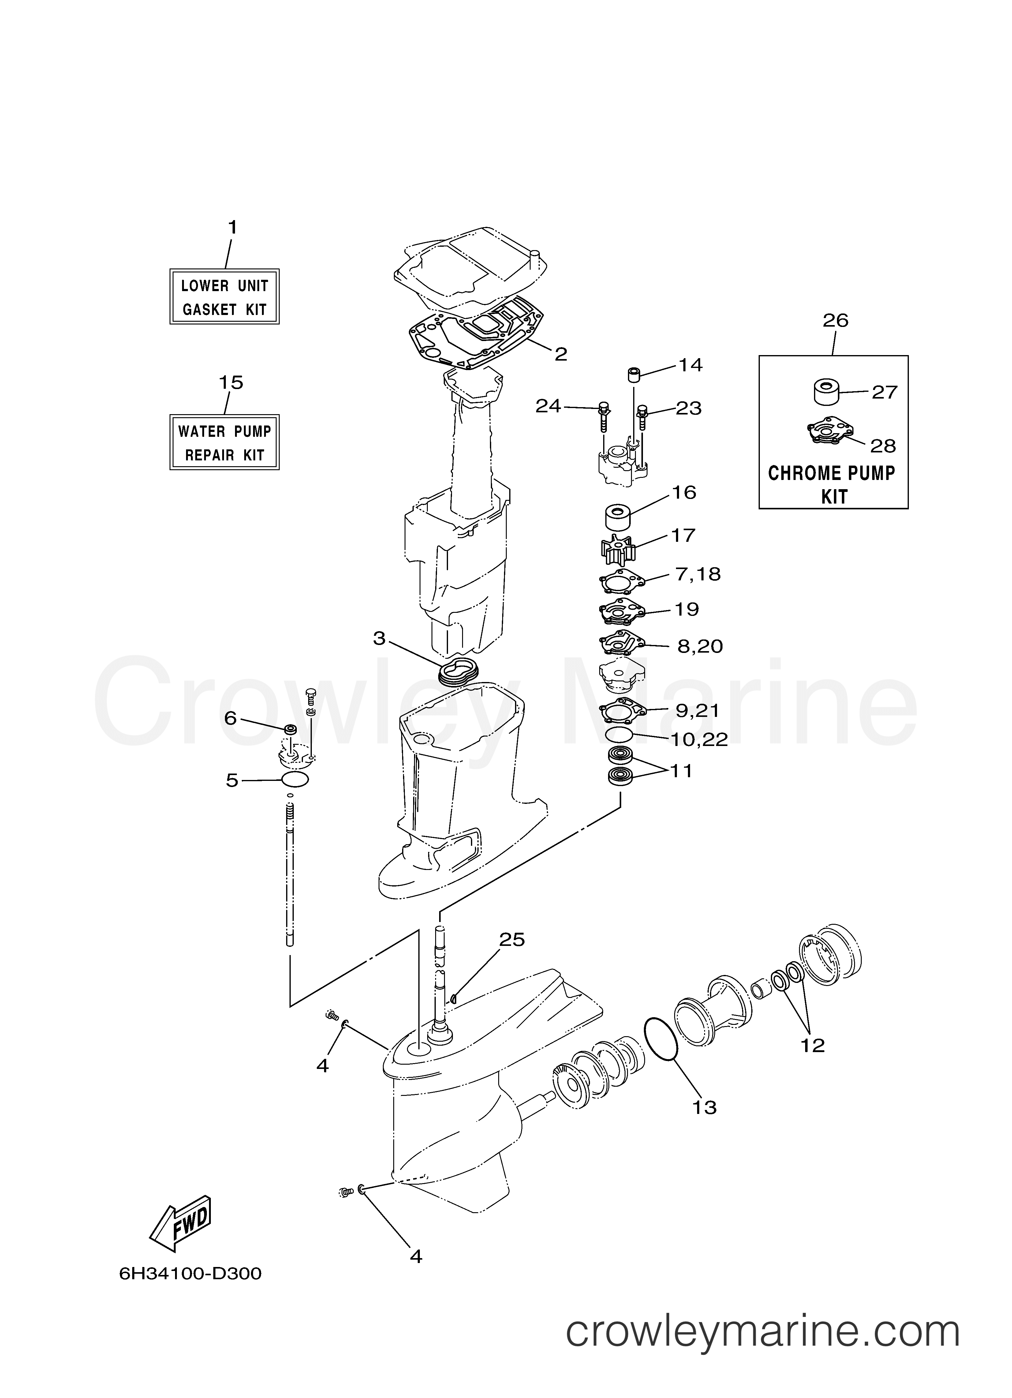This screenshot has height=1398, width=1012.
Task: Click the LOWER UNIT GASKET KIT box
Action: click(x=224, y=297)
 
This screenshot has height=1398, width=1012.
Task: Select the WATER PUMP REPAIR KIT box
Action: click(x=224, y=442)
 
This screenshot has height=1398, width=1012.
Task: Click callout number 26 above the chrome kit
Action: click(x=835, y=320)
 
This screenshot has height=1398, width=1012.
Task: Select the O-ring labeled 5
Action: click(x=295, y=780)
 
